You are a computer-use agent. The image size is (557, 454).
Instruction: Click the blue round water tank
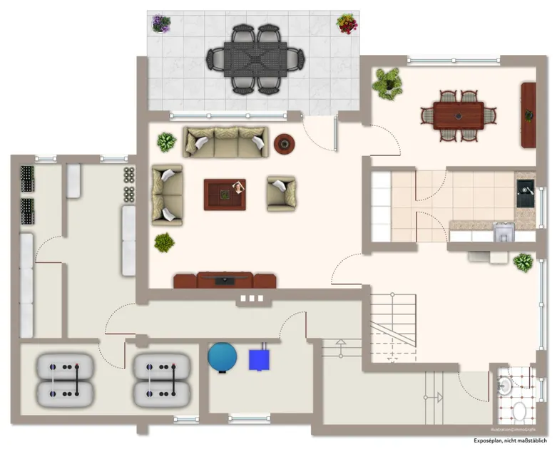222,356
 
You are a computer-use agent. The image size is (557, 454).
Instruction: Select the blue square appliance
259,359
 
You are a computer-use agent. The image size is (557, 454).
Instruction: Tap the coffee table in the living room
225,194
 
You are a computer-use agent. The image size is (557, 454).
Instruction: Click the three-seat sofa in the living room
225,142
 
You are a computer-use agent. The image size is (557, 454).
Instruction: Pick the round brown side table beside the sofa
285,144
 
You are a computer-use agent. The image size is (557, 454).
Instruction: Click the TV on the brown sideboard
225,280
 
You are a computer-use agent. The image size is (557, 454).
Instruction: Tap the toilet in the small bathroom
520,411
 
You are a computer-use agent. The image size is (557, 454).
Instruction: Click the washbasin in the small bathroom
505,386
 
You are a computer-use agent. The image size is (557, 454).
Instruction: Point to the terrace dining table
255,58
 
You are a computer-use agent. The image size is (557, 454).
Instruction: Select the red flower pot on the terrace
347,24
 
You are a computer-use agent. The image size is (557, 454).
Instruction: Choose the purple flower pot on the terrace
161,24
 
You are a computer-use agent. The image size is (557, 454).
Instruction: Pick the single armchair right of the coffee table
281,194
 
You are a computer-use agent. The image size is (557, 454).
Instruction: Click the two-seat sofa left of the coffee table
167,195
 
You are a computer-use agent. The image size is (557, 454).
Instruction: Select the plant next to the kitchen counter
523,262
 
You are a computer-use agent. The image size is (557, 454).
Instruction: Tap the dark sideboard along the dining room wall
528,115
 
